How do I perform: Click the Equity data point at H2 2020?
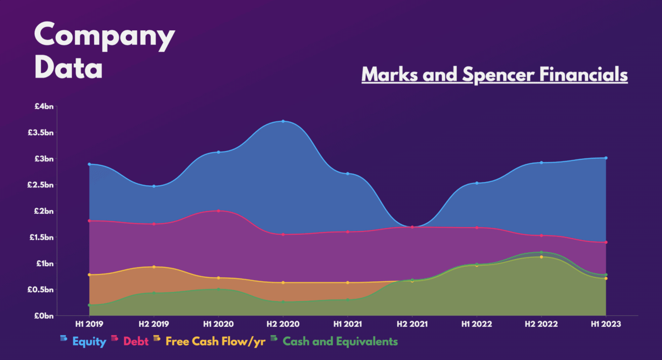[x=283, y=121]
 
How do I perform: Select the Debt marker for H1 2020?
[x=218, y=211]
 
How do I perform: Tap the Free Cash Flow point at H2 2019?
[x=154, y=267]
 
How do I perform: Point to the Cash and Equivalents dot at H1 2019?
[x=89, y=305]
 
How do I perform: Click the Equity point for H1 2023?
[x=606, y=158]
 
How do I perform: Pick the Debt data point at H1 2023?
[x=606, y=242]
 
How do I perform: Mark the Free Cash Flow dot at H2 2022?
[x=541, y=257]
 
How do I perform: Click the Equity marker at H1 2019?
[x=89, y=164]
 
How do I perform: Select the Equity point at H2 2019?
[x=154, y=186]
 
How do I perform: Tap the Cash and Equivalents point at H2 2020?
[x=283, y=302]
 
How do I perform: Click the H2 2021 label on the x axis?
[x=412, y=325]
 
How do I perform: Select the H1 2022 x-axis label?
[x=477, y=325]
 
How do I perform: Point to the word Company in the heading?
[x=104, y=36]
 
